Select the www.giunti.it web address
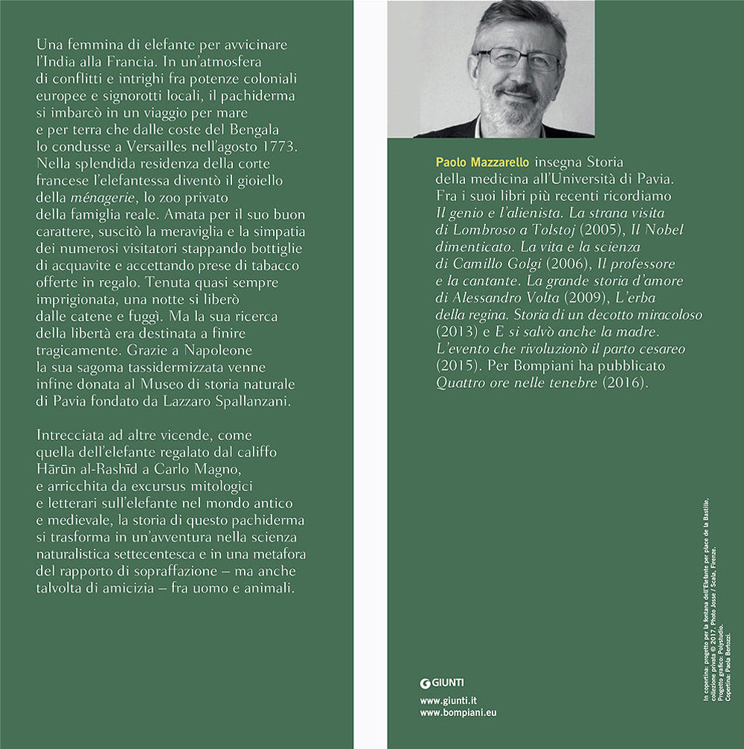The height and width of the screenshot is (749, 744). click(448, 701)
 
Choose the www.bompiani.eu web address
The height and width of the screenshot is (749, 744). click(458, 713)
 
